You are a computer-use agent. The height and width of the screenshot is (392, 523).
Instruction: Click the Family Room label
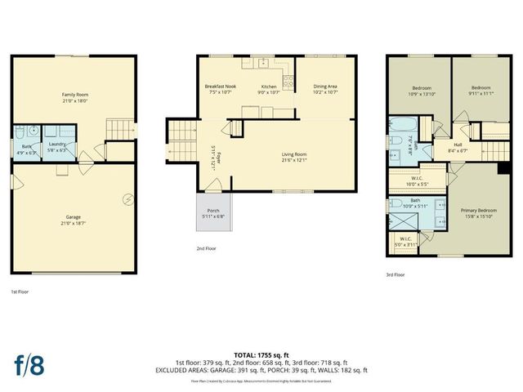pyautogui.click(x=75, y=95)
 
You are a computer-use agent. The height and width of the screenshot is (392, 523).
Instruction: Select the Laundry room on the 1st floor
pyautogui.click(x=56, y=143)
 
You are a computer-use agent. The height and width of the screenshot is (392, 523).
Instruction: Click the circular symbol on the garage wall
pyautogui.click(x=128, y=198)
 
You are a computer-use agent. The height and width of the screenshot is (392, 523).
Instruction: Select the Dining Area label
pyautogui.click(x=325, y=86)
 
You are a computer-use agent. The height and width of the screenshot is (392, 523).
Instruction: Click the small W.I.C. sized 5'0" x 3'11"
pyautogui.click(x=405, y=242)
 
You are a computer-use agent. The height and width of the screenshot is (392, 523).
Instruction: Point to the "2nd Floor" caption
pyautogui.click(x=206, y=247)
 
